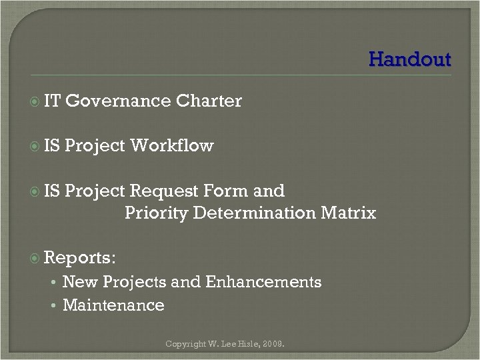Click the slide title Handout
pyautogui.click(x=409, y=59)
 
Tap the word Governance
pyautogui.click(x=118, y=101)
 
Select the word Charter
pyautogui.click(x=209, y=101)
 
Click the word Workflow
pyautogui.click(x=172, y=145)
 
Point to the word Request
pyautogui.click(x=159, y=191)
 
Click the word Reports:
pyautogui.click(x=81, y=257)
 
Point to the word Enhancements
pyautogui.click(x=263, y=282)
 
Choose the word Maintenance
pyautogui.click(x=113, y=305)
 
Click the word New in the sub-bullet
pyautogui.click(x=77, y=282)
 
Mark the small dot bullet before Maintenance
pyautogui.click(x=52, y=306)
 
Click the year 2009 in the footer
pyautogui.click(x=273, y=345)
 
